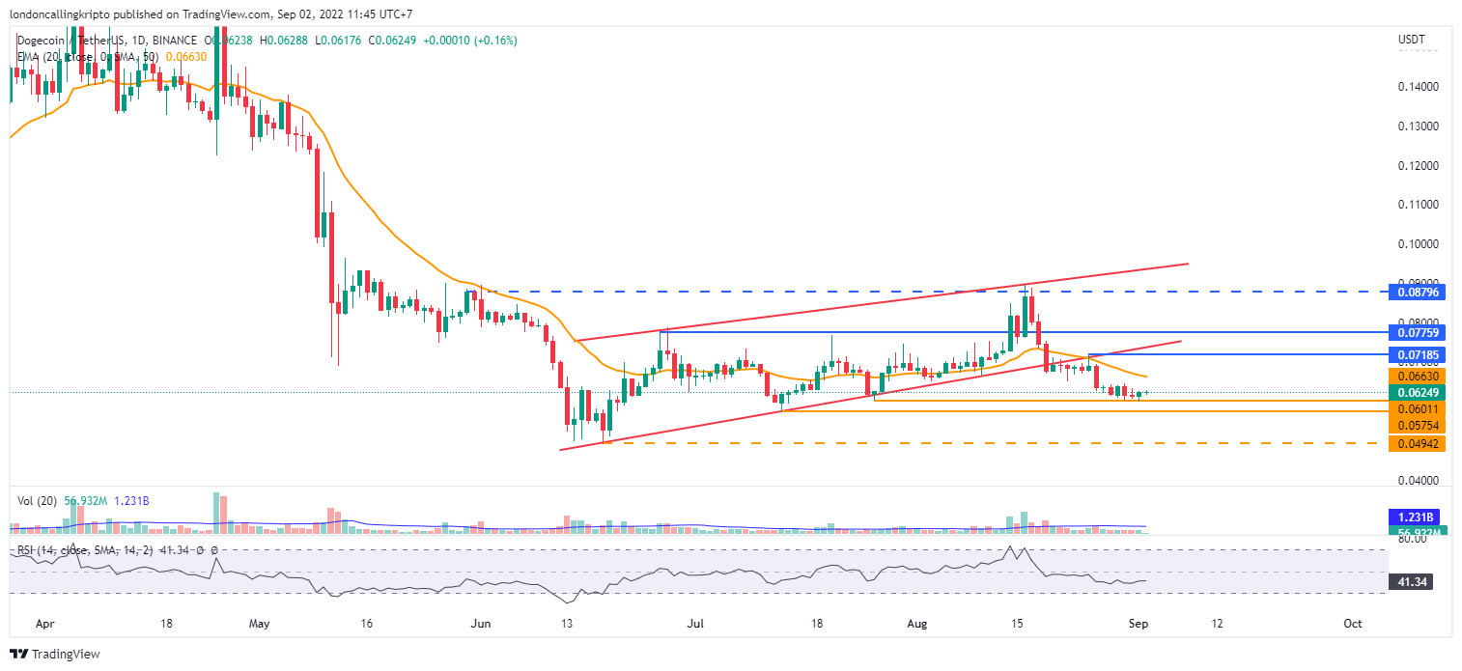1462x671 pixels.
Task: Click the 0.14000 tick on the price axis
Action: [1419, 87]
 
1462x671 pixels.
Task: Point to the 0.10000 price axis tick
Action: [1419, 244]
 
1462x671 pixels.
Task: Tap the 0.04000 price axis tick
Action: [1419, 481]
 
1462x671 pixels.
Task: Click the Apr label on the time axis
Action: [44, 625]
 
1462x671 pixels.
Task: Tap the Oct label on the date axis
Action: [1353, 625]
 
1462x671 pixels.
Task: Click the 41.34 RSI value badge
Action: [1415, 582]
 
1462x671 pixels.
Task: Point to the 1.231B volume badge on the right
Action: [1415, 517]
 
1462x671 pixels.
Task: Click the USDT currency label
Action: [1412, 40]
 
